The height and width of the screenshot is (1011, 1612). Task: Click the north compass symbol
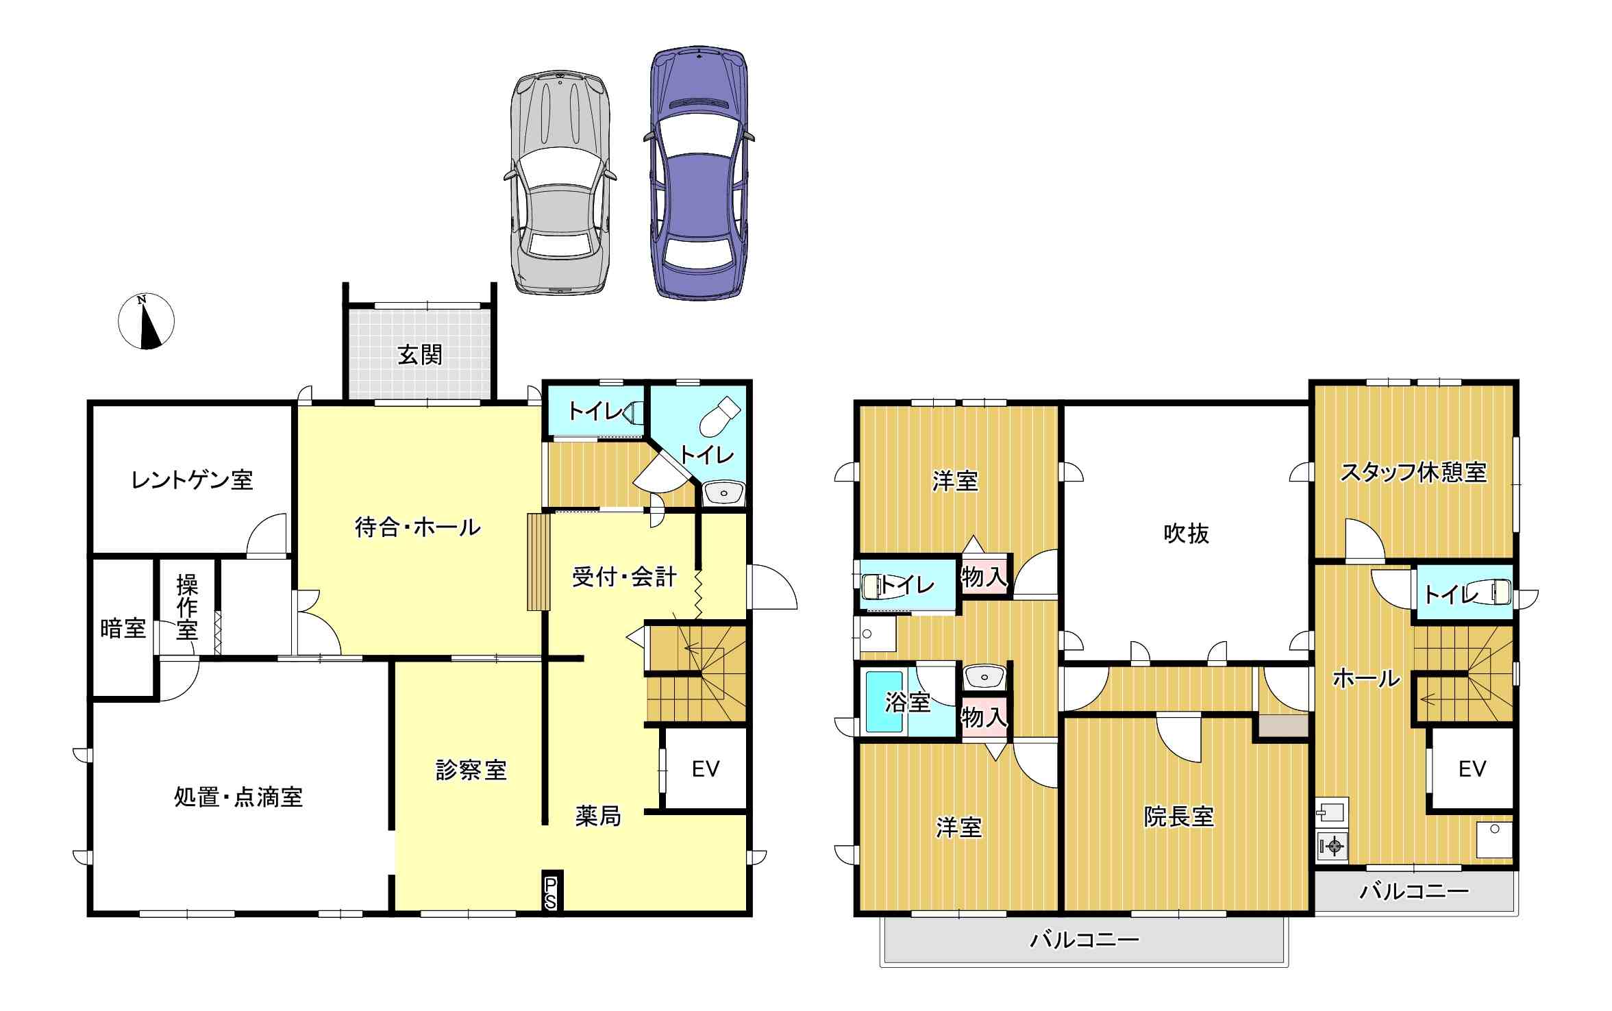click(146, 321)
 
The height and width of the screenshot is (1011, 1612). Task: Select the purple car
click(699, 173)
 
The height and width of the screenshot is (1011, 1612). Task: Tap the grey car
click(560, 182)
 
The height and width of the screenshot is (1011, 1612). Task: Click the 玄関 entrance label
click(420, 355)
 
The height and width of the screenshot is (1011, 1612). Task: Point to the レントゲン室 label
click(192, 479)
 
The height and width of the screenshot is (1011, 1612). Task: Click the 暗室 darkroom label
click(123, 628)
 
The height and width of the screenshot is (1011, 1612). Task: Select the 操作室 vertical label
click(187, 607)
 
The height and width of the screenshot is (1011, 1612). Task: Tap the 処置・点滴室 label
click(238, 797)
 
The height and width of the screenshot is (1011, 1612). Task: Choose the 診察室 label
click(471, 771)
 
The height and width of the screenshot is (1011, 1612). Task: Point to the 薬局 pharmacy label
click(598, 816)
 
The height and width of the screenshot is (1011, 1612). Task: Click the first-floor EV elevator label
click(706, 769)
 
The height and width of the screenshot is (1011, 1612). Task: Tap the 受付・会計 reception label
click(624, 577)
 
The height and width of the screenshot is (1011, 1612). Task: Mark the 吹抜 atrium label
click(1187, 533)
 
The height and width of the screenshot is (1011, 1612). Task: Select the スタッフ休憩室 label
click(1413, 473)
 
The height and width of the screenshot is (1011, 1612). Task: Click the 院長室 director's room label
click(1179, 816)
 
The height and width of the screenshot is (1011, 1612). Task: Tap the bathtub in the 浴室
click(884, 701)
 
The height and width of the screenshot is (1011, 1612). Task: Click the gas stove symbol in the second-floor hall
click(1332, 846)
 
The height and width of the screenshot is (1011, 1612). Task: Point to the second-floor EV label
click(1472, 769)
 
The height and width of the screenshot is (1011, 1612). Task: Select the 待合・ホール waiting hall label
click(418, 527)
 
